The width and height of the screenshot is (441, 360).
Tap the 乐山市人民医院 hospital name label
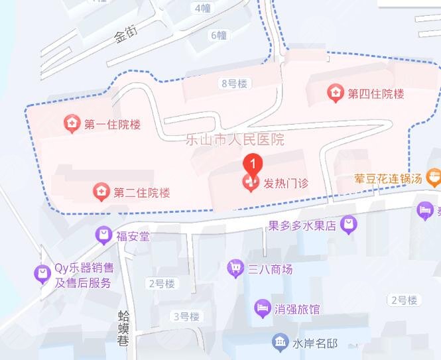pos(235,140)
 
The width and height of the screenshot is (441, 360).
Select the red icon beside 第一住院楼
pos(70,123)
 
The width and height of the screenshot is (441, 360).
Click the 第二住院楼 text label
pos(142,193)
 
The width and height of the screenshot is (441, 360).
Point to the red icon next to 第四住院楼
pos(336,93)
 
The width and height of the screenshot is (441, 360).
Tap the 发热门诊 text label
pos(286,183)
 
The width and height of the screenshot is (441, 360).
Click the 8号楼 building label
pos(233,84)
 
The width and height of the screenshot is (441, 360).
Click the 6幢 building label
pos(219,35)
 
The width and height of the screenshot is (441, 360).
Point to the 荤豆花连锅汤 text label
pos(389,178)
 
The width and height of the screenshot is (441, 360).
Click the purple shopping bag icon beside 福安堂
pos(103,235)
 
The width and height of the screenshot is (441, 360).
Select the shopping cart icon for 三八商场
pos(235,269)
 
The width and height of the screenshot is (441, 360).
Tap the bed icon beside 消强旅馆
pos(262,308)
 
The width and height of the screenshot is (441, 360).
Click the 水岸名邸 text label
pos(315,343)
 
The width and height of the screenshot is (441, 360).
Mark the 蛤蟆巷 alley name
pos(124,328)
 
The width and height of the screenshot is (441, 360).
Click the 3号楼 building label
pos(186,316)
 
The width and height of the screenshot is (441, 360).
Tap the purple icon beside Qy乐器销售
pos(42,272)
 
